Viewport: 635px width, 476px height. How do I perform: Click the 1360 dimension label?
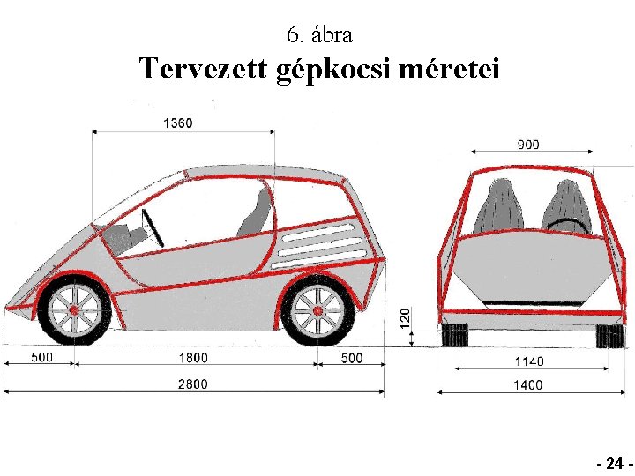pos(178,123)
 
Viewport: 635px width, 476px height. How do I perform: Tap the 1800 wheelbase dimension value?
pos(193,358)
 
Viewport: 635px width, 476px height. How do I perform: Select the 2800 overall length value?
pos(193,383)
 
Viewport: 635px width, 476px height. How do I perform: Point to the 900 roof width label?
pos(528,145)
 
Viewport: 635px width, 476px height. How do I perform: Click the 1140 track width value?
pos(529,361)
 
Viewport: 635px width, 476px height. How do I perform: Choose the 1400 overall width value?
pos(528,384)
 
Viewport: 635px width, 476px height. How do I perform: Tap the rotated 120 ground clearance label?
pos(405,318)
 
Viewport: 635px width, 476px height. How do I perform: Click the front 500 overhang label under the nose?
pos(42,357)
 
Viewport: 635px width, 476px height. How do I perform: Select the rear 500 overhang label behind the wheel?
pos(352,358)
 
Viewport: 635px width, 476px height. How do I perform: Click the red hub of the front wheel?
pos(74,310)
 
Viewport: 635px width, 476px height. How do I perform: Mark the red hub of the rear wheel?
pos(317,311)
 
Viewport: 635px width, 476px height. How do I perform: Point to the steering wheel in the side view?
pos(153,228)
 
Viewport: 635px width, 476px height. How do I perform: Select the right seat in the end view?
pos(567,207)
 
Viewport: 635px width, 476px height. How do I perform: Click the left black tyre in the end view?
pos(456,335)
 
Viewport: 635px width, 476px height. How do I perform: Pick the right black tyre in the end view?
pos(609,336)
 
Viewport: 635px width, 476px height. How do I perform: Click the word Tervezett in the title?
pos(204,68)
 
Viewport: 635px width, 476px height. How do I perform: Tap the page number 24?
pos(615,463)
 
